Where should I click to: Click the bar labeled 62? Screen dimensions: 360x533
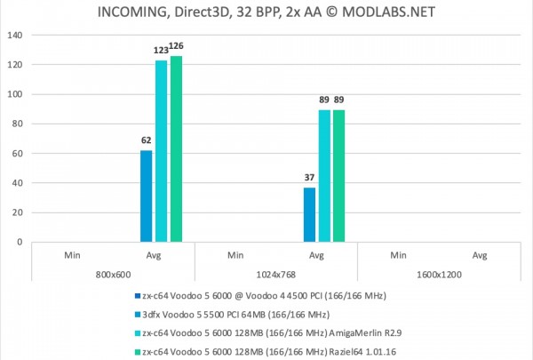(146, 196)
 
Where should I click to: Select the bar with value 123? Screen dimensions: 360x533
(161, 151)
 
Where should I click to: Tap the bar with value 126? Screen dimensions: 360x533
(176, 148)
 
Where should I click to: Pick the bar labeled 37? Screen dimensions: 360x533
(309, 214)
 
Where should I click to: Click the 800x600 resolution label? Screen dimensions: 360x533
(113, 275)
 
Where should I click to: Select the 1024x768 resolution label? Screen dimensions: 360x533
(275, 275)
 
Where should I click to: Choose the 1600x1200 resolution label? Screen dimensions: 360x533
(439, 275)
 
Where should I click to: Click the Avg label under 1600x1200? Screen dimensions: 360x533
(480, 255)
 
